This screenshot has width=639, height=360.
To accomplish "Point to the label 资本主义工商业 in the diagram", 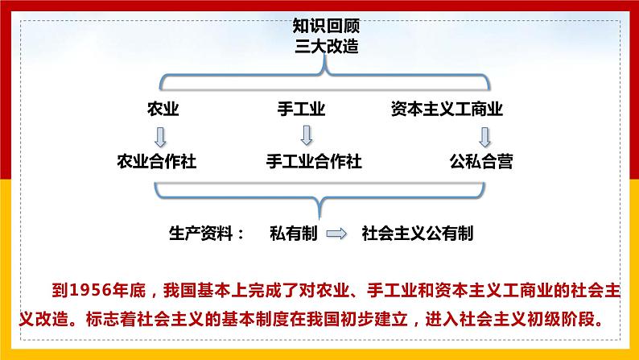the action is (447, 110).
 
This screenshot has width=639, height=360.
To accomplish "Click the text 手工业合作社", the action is (313, 161).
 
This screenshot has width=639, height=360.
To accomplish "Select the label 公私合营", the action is (480, 161).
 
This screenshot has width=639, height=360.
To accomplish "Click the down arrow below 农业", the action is (160, 134).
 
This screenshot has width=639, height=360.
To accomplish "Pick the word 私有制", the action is (295, 234).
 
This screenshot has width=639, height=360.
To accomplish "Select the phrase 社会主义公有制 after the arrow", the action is (417, 234).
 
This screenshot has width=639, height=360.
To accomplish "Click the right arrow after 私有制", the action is (337, 234).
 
